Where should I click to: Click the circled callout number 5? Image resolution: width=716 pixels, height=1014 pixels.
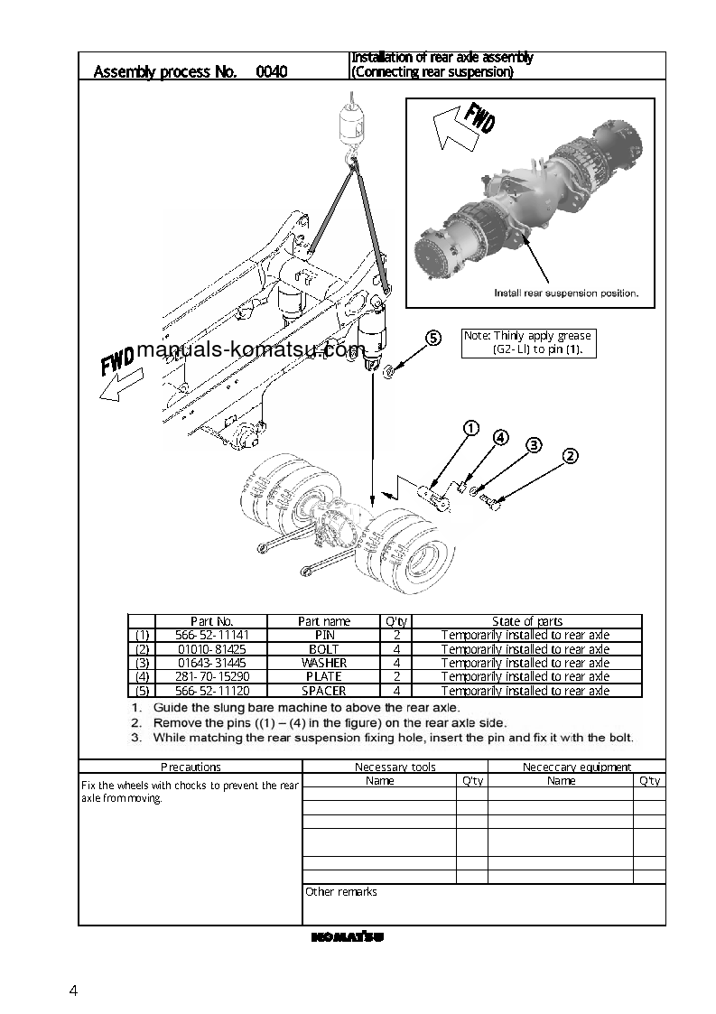pos(433,339)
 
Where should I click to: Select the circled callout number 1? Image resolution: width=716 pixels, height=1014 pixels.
pos(470,429)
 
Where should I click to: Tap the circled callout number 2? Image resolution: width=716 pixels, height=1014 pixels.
pos(570,456)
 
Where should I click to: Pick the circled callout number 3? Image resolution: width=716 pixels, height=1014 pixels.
pos(534,444)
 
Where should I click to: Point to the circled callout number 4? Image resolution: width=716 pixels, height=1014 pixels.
pos(500,438)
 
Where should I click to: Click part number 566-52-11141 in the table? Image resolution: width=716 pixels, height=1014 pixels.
pos(212,635)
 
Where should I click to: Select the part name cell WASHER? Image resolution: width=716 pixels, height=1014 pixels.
pos(323,663)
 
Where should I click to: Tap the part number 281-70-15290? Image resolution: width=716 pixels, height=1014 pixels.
pos(212,676)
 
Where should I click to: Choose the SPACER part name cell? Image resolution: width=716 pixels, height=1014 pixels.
pos(323,691)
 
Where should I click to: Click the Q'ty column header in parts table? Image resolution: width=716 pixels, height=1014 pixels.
pos(396,621)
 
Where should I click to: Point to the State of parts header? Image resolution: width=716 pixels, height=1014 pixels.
pos(526,621)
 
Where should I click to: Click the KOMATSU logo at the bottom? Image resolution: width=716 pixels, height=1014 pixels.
pos(348,937)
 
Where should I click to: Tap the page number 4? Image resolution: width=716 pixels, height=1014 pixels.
pos(73,991)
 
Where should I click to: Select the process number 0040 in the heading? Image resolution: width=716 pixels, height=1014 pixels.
pos(272,71)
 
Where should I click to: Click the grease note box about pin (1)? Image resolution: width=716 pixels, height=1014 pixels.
pos(528,342)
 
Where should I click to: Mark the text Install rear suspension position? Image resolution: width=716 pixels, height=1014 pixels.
pos(566,293)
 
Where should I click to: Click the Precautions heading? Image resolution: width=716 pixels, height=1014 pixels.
pos(191,767)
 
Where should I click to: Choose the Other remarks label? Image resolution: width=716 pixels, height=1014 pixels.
pos(341,892)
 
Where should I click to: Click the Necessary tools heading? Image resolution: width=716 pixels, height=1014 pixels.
pos(395,767)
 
